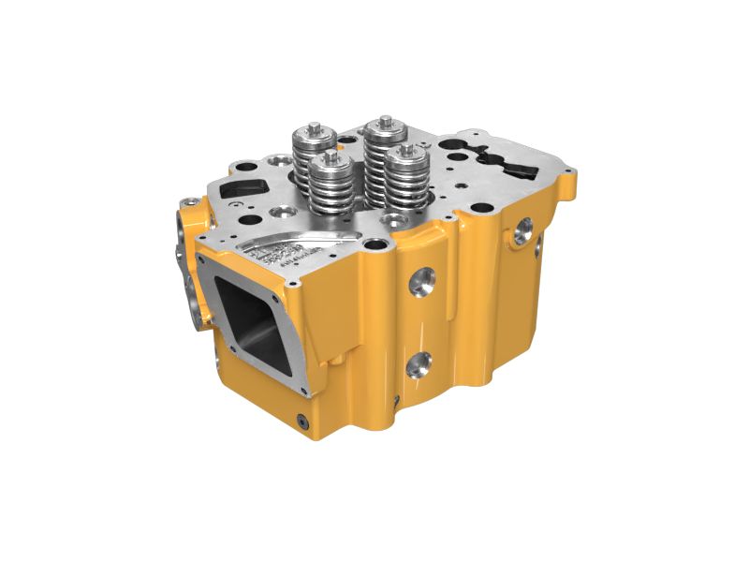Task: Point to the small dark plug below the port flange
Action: coord(303,419)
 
